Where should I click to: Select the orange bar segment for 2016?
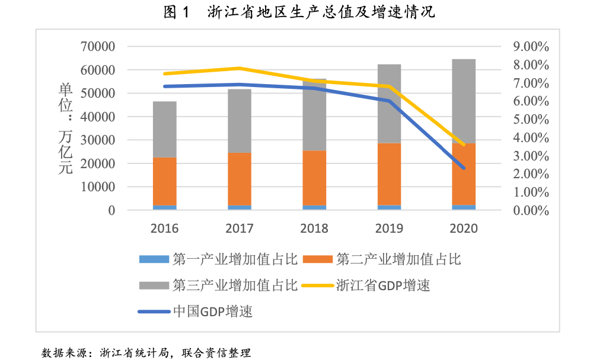click(165, 181)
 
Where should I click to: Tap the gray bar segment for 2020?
click(464, 101)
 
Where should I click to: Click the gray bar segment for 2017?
click(240, 121)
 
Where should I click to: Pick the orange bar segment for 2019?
click(389, 174)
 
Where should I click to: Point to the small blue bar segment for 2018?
click(314, 207)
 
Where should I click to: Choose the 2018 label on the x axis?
click(314, 229)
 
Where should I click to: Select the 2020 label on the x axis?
click(464, 229)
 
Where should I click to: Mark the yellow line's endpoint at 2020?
click(464, 144)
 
